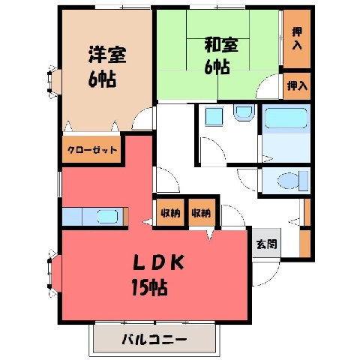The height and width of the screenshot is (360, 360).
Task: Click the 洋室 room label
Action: coord(107,54)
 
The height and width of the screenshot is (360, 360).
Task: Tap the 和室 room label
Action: coord(221,45)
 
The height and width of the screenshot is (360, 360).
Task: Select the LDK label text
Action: coord(158,262)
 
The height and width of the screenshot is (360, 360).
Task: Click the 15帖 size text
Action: coord(149,287)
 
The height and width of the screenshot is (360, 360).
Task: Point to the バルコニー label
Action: coord(154,340)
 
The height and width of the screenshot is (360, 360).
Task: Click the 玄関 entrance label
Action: coord(267,244)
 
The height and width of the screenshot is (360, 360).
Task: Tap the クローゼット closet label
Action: coord(92,150)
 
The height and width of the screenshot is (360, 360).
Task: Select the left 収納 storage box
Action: coord(170,212)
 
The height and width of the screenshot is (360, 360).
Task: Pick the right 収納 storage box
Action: coord(202,212)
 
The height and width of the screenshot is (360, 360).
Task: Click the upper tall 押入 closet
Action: coord(297,39)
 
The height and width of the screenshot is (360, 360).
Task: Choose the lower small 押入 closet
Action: coord(297,86)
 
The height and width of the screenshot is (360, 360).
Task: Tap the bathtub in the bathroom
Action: coord(286,118)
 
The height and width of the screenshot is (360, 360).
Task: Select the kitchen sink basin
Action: coord(107,217)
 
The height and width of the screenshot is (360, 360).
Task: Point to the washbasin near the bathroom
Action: coord(244,112)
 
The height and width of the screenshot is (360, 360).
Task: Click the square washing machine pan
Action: coord(214,116)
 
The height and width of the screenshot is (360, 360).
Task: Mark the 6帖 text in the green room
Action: coord(217,67)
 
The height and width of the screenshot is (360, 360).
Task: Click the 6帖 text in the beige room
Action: coord(102,79)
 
